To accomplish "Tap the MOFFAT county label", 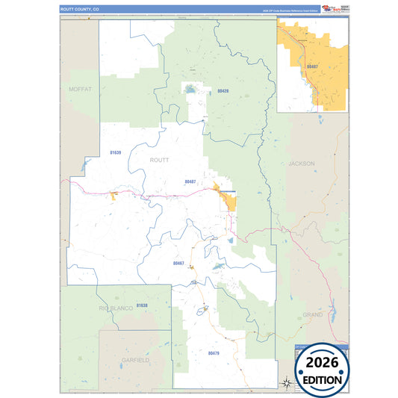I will tap(79, 89).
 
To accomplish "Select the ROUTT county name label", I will tap(160, 160).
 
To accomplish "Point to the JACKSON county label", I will tap(301, 163).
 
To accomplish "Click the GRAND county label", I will tap(313, 314).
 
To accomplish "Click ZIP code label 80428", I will tap(223, 91).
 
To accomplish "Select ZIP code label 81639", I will tap(114, 152).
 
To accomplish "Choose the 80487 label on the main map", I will tap(190, 181).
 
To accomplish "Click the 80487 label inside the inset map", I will tap(311, 67).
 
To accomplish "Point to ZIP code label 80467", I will tap(178, 263).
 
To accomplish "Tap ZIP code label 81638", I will tap(142, 305).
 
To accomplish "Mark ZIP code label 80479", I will tap(214, 352).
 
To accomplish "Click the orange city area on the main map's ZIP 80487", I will tap(227, 199).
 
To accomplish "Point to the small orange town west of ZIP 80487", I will tap(114, 196).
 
